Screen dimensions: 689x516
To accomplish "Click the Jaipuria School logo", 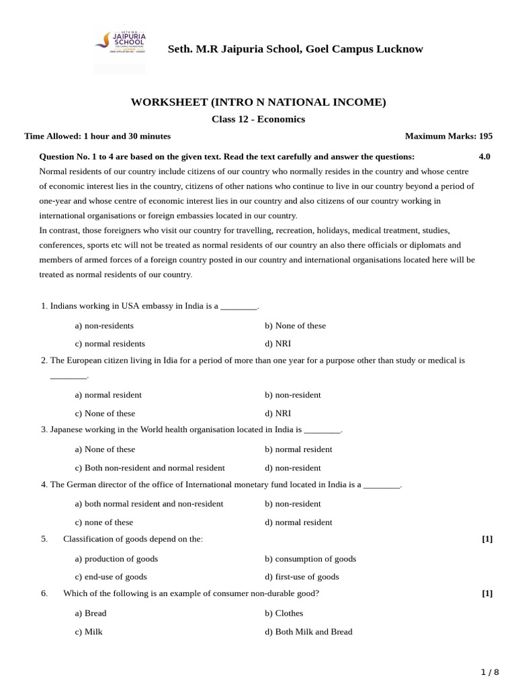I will coord(120,48).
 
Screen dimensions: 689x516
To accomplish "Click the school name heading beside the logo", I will coord(295,49).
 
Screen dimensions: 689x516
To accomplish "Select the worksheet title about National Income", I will coord(258,102).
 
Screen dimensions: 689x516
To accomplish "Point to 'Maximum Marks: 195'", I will coord(448,136).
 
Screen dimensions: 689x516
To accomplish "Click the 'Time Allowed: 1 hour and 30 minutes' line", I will coord(97,136).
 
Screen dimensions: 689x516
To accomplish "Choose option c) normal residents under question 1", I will coord(110,343).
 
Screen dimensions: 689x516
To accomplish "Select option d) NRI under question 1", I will coord(277,343).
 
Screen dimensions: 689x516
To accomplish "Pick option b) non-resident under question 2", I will coord(292,395).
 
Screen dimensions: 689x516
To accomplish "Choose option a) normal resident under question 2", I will coord(108,395).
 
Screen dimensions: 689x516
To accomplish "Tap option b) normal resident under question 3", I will coord(298,449).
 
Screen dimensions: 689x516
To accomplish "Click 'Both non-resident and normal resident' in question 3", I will coord(150,468).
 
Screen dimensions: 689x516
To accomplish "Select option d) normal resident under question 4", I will coord(298,522).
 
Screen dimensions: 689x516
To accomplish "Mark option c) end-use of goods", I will coord(111,577).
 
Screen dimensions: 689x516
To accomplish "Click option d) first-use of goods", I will coord(302,577).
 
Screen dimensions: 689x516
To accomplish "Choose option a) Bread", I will coord(91,613).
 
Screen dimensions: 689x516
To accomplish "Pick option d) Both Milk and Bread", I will coord(308,632).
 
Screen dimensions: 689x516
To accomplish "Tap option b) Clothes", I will coord(284,613).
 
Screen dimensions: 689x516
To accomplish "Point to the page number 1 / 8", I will coord(490,672).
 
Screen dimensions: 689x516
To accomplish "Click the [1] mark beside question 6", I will coord(487,593).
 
